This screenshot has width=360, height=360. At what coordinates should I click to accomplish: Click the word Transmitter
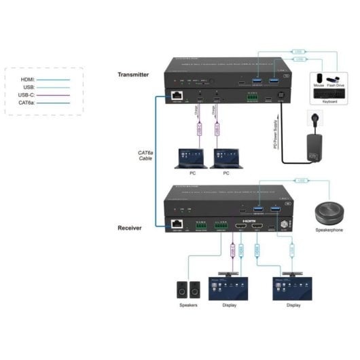pos(132,75)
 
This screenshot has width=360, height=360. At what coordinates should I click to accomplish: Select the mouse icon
pos(317,77)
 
